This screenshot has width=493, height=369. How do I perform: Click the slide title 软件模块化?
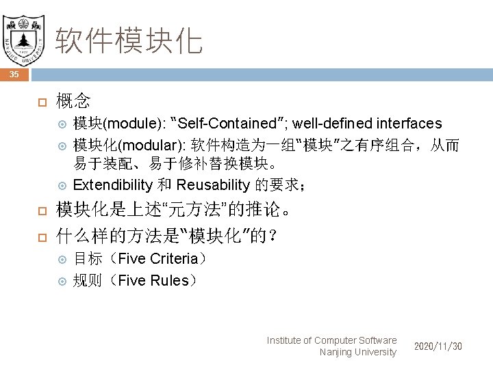click(129, 40)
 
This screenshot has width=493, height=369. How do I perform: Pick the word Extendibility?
click(112, 184)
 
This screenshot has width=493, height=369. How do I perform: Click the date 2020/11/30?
click(438, 346)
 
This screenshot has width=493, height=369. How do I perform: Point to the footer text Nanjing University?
click(357, 352)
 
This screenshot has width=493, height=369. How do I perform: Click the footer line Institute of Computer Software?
click(331, 340)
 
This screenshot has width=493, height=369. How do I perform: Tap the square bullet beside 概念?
click(40, 102)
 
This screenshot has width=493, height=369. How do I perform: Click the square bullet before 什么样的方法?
click(40, 237)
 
